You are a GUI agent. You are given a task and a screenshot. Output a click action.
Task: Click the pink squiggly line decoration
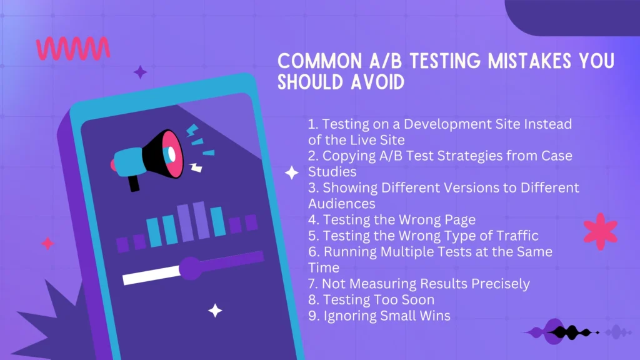tap(73, 49)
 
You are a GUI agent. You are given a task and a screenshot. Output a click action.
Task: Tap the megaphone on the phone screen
tap(150, 156)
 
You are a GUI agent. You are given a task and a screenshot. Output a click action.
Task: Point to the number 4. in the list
tap(314, 219)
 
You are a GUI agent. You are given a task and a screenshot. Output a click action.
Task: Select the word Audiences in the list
tap(342, 204)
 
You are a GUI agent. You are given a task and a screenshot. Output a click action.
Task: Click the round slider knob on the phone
tap(191, 268)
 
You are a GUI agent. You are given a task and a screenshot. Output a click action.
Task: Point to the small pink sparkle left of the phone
tap(47, 244)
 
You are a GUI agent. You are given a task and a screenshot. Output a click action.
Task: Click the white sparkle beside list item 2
tap(292, 173)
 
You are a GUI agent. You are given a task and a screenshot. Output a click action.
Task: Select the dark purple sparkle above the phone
tap(140, 72)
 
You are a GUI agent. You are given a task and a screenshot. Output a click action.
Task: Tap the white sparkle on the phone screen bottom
tap(215, 310)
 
